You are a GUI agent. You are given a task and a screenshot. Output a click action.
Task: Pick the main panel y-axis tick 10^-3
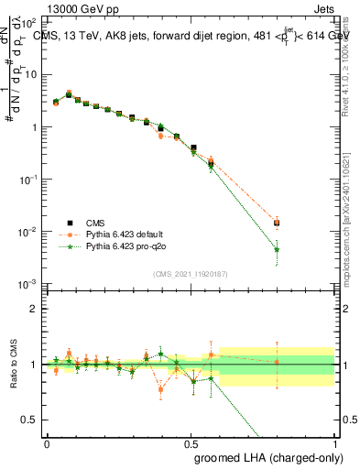tap(30, 284)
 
